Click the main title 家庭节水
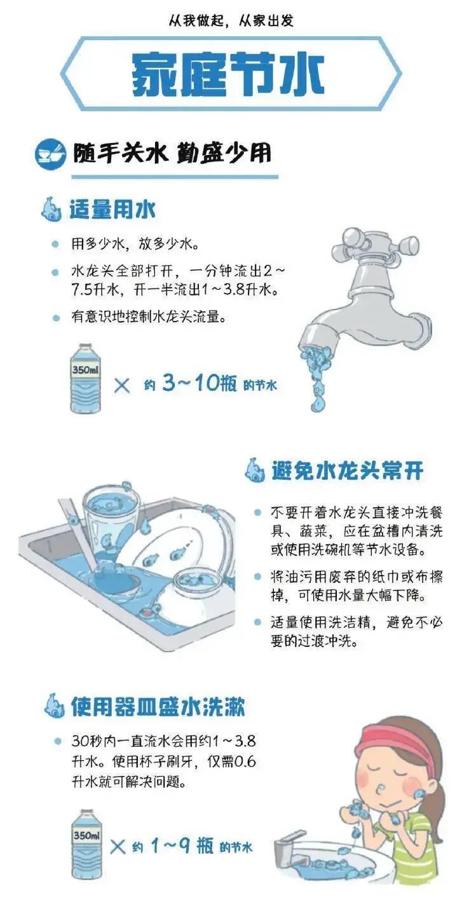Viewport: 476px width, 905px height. pos(229,75)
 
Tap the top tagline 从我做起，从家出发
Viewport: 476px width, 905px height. pos(231,21)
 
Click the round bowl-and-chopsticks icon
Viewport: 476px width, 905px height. pos(50,153)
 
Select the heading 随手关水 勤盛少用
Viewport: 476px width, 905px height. pos(172,153)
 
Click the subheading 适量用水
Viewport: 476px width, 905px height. pos(112,209)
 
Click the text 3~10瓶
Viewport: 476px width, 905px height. pos(199,383)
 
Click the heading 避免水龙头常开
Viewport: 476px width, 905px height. pos(347,471)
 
